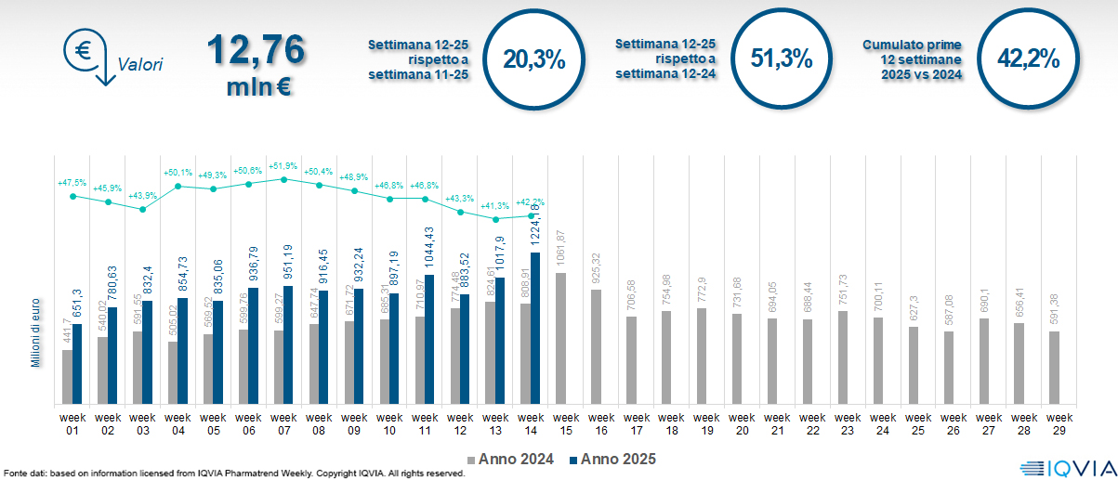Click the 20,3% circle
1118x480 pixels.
[x=533, y=59]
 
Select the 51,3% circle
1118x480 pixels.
[x=781, y=59]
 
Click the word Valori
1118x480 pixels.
[x=140, y=65]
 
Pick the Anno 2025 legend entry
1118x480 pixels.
[x=614, y=459]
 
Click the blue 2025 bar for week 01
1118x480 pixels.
[x=78, y=364]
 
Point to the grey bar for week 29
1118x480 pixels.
[x=1054, y=368]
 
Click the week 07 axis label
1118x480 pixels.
[x=284, y=423]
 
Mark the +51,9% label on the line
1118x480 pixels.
[x=284, y=165]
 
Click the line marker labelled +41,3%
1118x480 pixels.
[x=496, y=220]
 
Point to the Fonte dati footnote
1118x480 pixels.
[x=232, y=474]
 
